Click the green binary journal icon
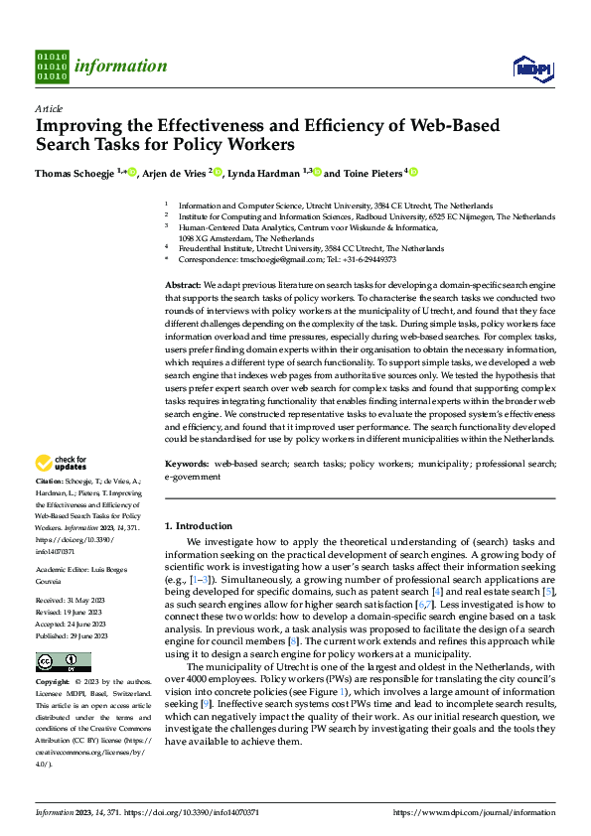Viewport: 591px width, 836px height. point(53,67)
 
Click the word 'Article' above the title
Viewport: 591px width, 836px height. point(49,108)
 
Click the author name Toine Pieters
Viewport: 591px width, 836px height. point(371,173)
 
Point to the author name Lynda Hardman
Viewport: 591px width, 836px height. point(265,173)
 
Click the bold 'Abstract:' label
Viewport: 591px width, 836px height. point(185,285)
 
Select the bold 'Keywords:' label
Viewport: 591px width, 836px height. point(188,464)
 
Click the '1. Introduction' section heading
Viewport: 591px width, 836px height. point(198,525)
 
